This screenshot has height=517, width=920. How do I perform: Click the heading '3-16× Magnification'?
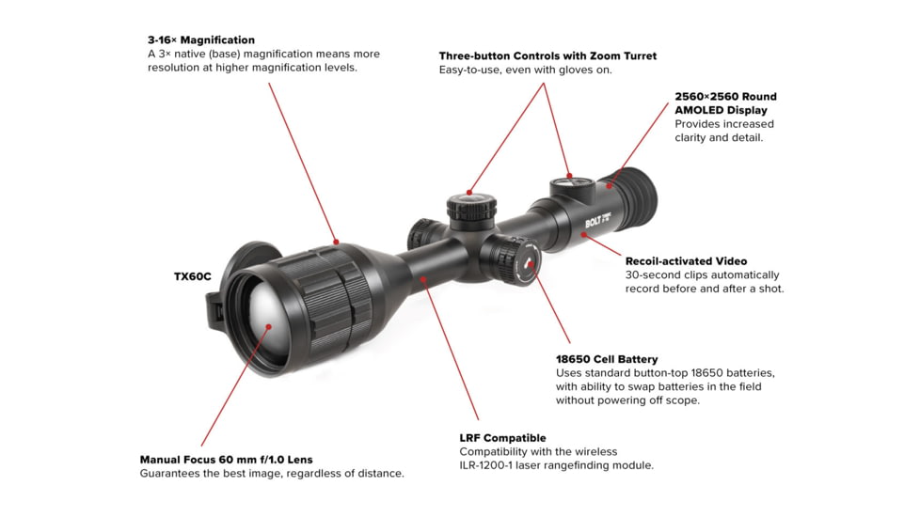[200, 40]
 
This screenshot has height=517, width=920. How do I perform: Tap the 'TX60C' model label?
[192, 277]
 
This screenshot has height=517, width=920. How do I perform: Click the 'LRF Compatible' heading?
[502, 438]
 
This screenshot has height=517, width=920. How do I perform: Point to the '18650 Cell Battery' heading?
[607, 359]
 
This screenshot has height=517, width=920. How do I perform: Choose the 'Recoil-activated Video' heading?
[686, 261]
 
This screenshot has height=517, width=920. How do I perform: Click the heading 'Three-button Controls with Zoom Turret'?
[547, 56]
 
